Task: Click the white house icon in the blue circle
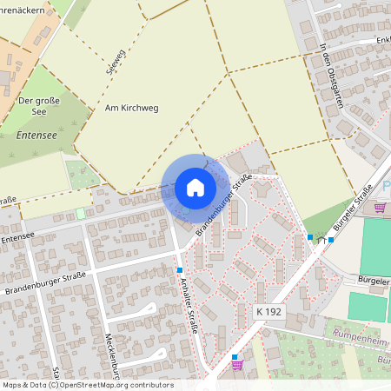tap(195, 188)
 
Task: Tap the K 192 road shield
tap(269, 311)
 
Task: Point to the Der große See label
tap(38, 107)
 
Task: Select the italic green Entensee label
tap(36, 136)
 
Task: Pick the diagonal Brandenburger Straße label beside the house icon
tap(225, 205)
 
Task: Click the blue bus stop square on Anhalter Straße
tap(180, 270)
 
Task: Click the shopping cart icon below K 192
tap(236, 366)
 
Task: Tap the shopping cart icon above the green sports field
tap(379, 207)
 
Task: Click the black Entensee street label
tap(17, 235)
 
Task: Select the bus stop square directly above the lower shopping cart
tap(235, 356)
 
